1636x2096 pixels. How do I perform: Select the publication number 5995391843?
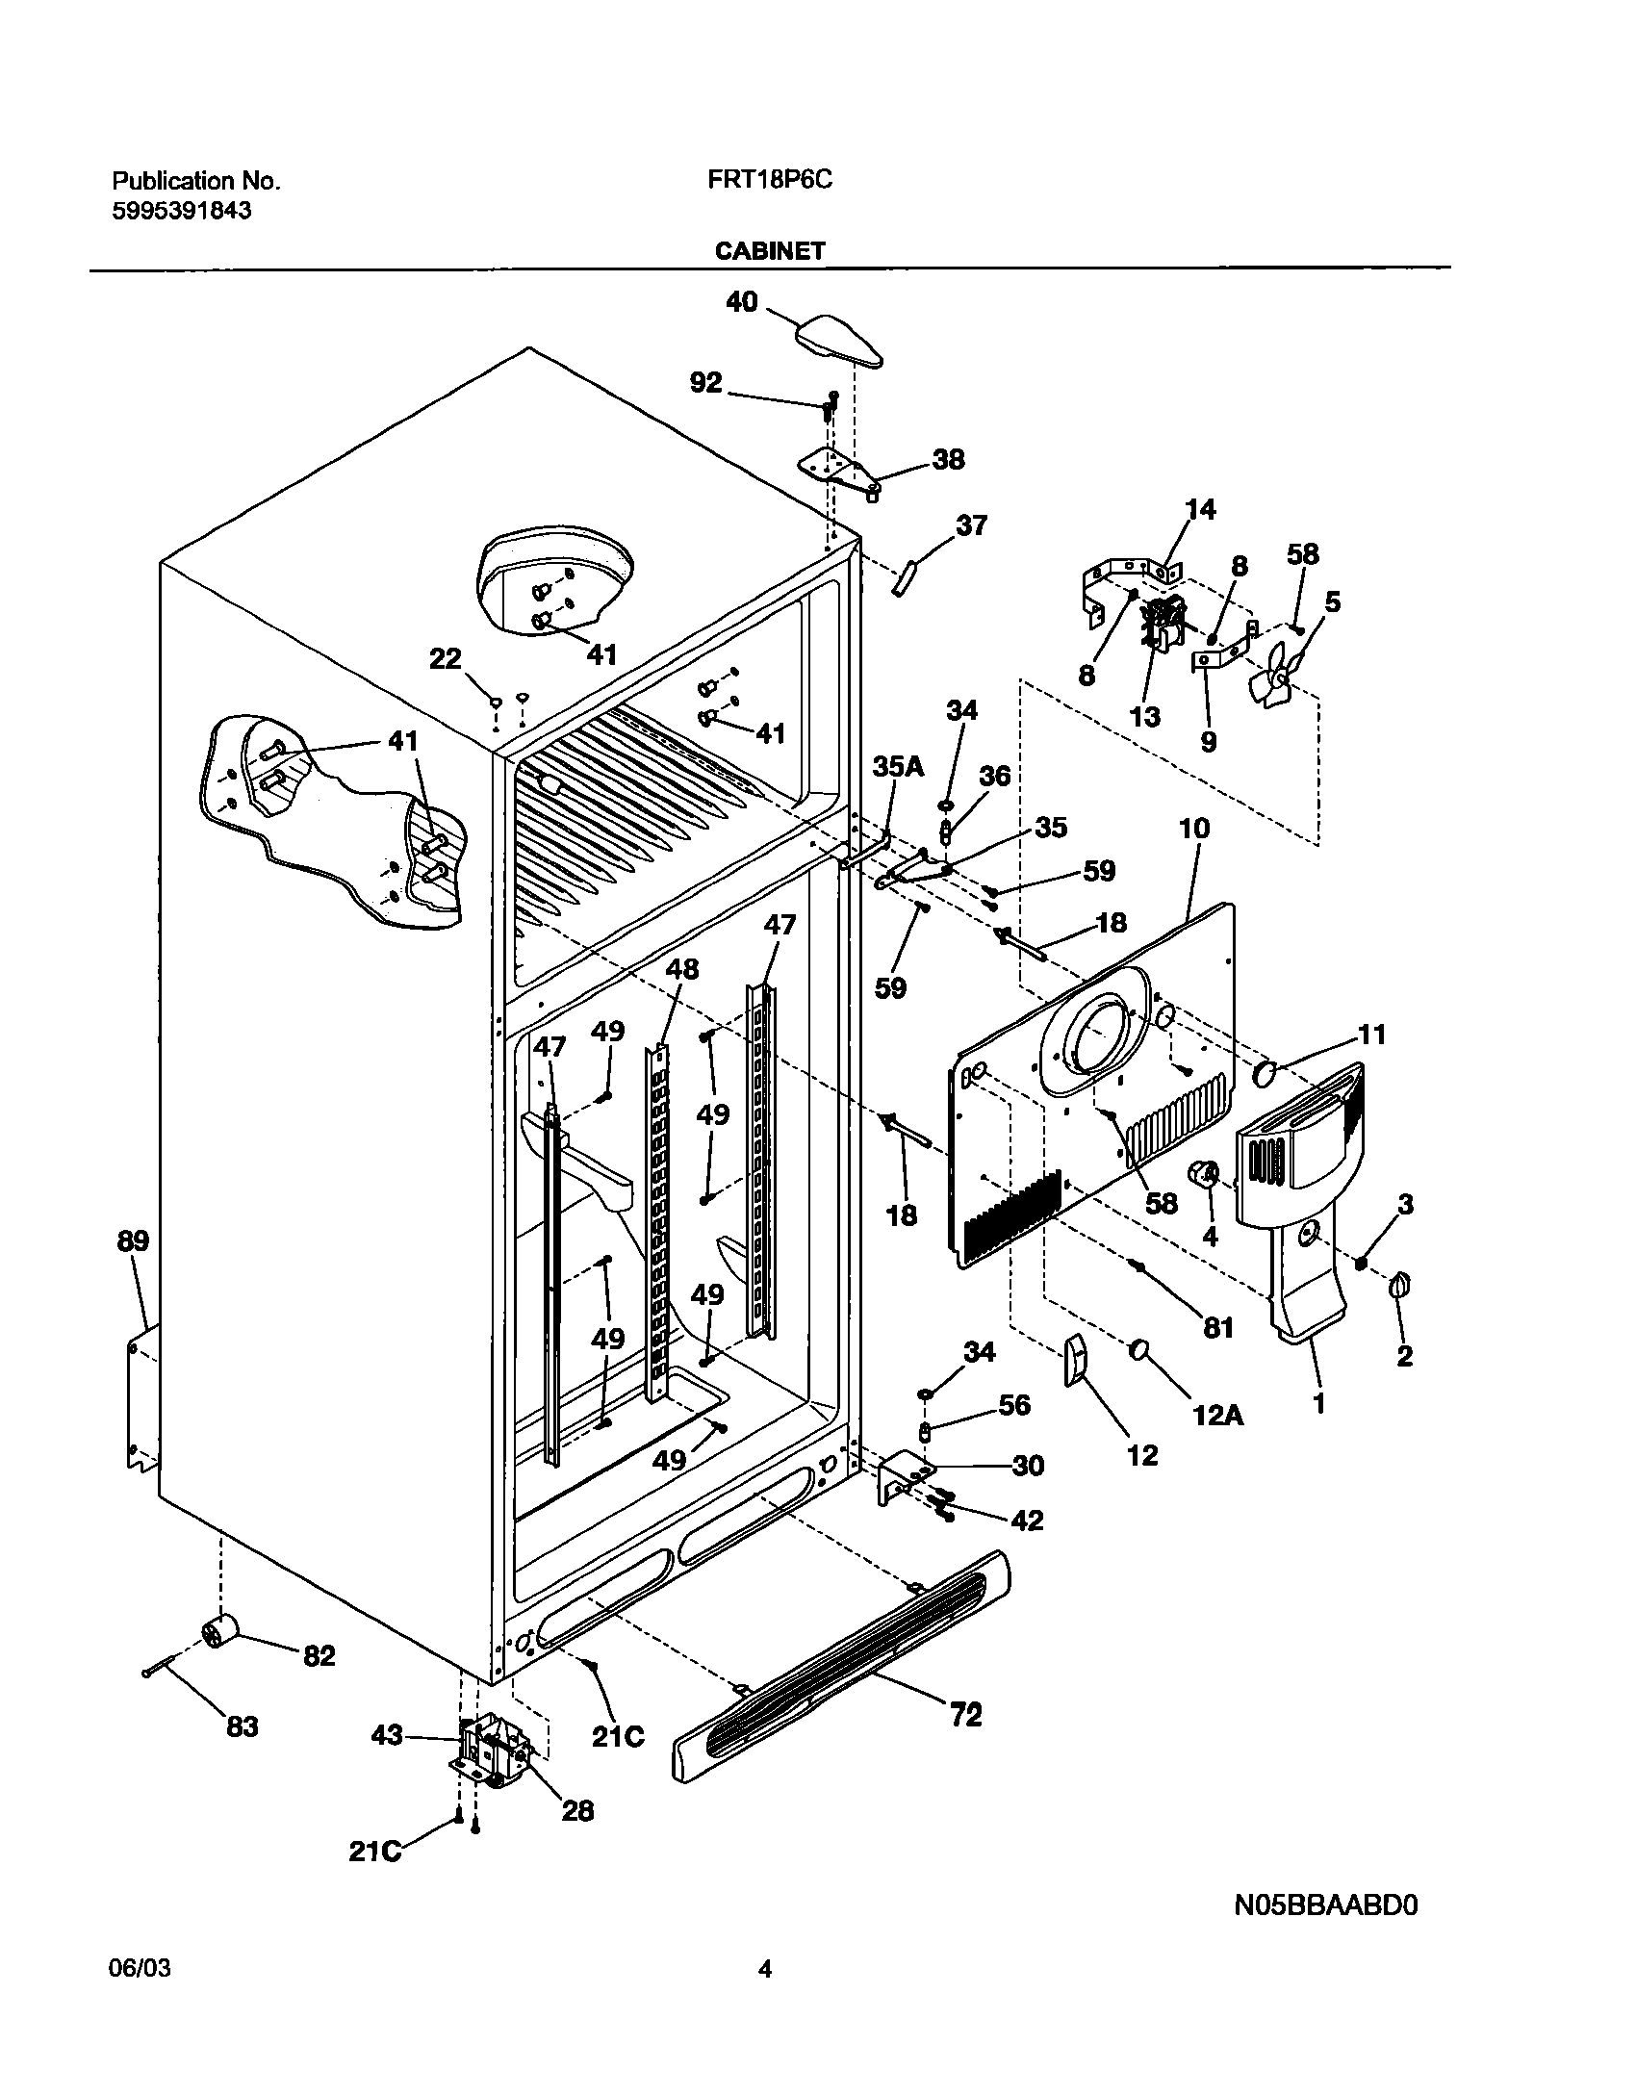click(x=182, y=211)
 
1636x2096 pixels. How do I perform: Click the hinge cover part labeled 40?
click(x=839, y=342)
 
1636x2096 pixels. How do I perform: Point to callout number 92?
click(x=705, y=383)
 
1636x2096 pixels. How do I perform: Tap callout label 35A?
click(x=898, y=766)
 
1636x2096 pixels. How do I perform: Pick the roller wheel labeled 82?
click(x=220, y=1633)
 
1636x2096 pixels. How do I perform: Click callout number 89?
click(x=134, y=1241)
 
